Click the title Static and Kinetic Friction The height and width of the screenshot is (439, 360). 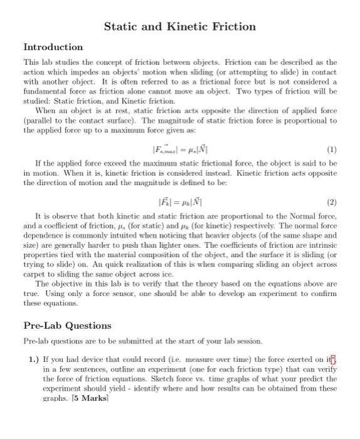[179, 26]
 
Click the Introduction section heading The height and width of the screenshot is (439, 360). [53, 47]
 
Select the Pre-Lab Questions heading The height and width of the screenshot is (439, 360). [67, 325]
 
